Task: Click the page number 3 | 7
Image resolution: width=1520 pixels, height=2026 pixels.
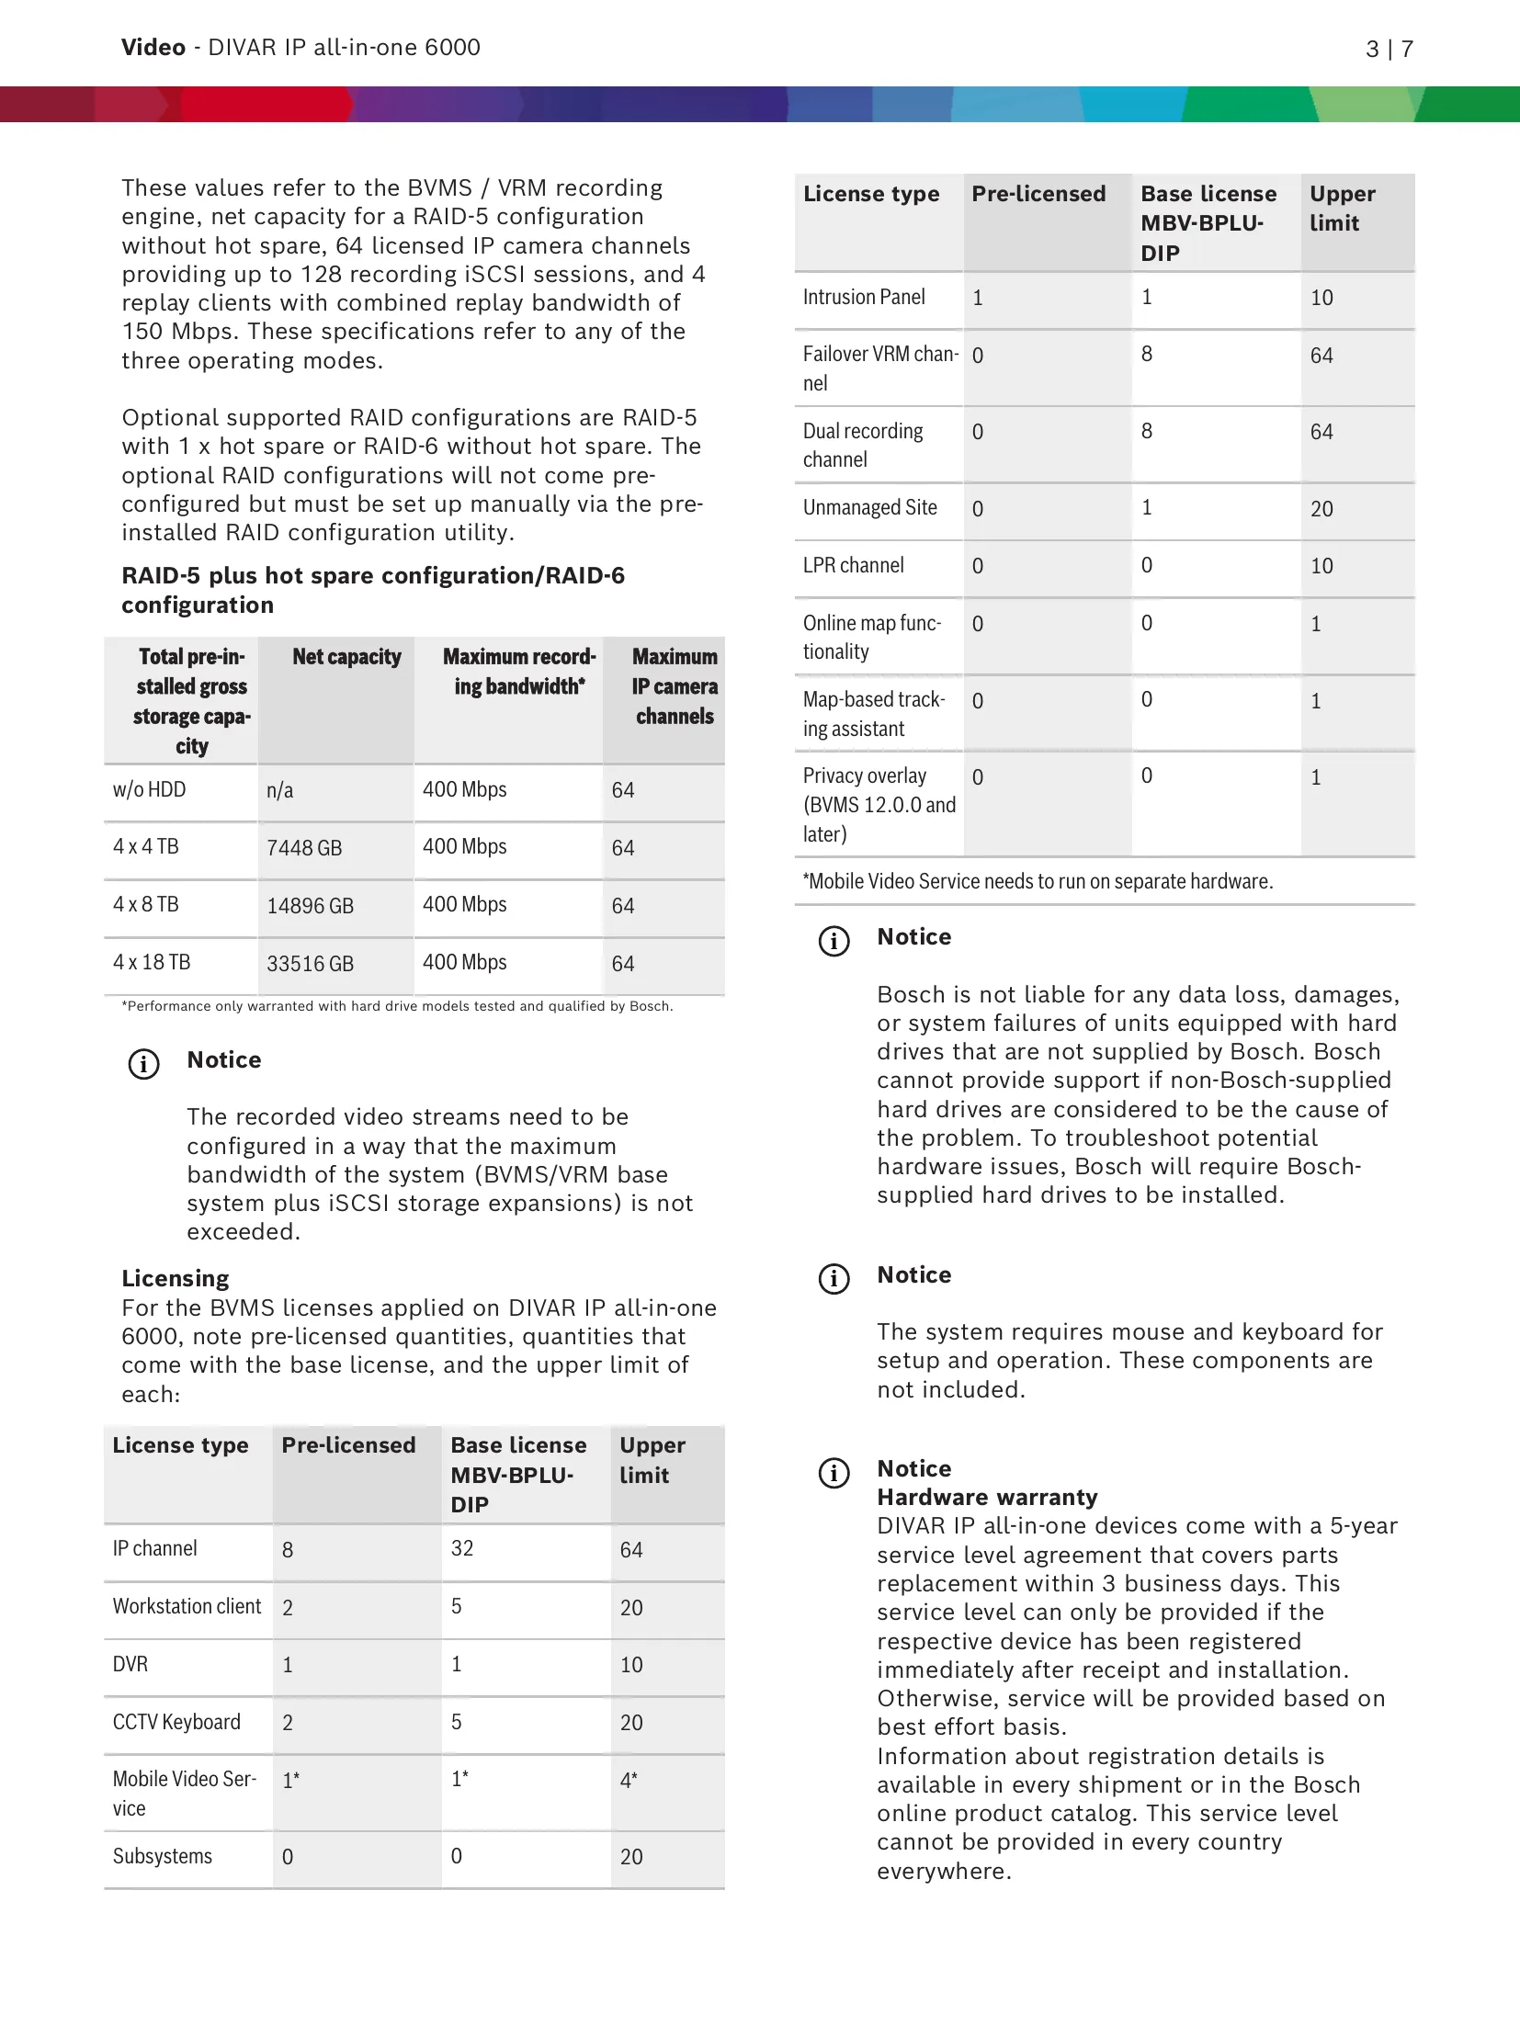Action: click(1389, 49)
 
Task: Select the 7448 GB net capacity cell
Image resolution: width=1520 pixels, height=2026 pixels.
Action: click(304, 848)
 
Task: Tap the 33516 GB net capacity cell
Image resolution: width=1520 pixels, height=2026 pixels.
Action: click(310, 964)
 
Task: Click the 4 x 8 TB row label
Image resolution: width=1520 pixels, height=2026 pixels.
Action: click(146, 905)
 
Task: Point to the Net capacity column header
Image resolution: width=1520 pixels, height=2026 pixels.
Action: click(346, 657)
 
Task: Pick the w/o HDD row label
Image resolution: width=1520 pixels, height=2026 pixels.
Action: click(149, 790)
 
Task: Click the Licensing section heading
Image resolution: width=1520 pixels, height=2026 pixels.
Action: click(176, 1279)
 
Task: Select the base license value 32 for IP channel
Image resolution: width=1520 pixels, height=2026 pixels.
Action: click(462, 1549)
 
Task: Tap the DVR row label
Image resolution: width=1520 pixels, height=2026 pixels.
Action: click(130, 1665)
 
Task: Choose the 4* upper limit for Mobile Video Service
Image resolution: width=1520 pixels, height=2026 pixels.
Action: click(629, 1781)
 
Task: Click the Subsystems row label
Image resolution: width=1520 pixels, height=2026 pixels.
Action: click(163, 1857)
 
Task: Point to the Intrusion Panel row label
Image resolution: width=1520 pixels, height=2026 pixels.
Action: click(864, 298)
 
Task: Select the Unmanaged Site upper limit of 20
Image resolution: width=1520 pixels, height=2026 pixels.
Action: click(1321, 509)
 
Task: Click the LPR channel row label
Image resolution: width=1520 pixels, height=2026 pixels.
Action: click(854, 566)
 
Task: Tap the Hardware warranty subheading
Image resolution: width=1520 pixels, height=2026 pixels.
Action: click(987, 1498)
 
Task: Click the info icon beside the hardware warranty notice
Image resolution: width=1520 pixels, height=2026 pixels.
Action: click(834, 1474)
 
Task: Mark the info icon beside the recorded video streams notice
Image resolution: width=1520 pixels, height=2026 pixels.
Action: click(143, 1064)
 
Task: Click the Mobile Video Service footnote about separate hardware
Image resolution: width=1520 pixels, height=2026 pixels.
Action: click(1038, 882)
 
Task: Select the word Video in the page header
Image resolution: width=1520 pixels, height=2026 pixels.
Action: click(153, 48)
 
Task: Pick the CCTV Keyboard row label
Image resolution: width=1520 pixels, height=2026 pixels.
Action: click(176, 1723)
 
